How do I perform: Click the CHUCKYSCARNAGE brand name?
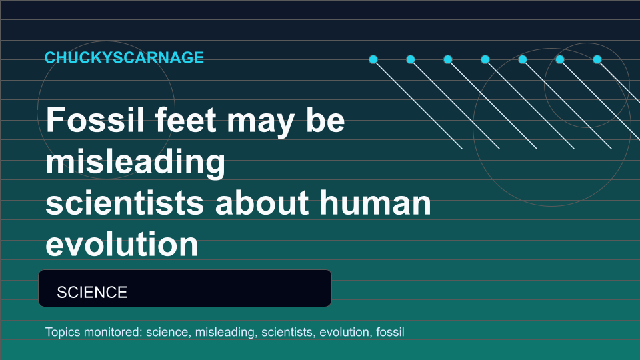pyautogui.click(x=124, y=57)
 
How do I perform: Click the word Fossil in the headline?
pyautogui.click(x=95, y=119)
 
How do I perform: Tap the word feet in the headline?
pyautogui.click(x=186, y=119)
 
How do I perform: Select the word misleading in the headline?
pyautogui.click(x=135, y=162)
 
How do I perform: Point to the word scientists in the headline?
pyautogui.click(x=125, y=203)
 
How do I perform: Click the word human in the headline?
pyautogui.click(x=375, y=203)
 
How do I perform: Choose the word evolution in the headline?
pyautogui.click(x=121, y=244)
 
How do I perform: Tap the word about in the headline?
pyautogui.click(x=261, y=203)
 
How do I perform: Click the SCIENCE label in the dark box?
pyautogui.click(x=92, y=292)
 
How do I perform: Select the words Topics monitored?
pyautogui.click(x=94, y=332)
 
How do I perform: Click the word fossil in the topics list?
pyautogui.click(x=390, y=332)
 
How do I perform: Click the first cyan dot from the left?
pyautogui.click(x=373, y=59)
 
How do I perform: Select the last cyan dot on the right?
pyautogui.click(x=597, y=59)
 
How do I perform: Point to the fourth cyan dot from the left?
pyautogui.click(x=485, y=59)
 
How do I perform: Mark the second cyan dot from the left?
pyautogui.click(x=411, y=59)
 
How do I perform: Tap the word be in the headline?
pyautogui.click(x=325, y=119)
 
